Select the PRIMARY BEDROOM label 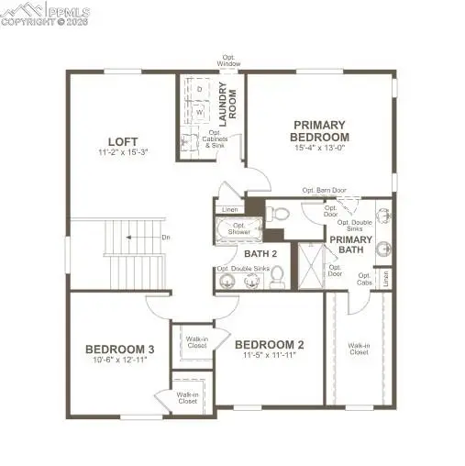318,130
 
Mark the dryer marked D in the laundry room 200,89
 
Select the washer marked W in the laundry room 200,112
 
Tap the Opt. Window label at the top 228,61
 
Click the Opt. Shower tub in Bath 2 239,229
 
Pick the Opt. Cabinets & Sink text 214,142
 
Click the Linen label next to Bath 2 229,209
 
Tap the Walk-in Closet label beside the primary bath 359,349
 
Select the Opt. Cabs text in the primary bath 364,278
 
